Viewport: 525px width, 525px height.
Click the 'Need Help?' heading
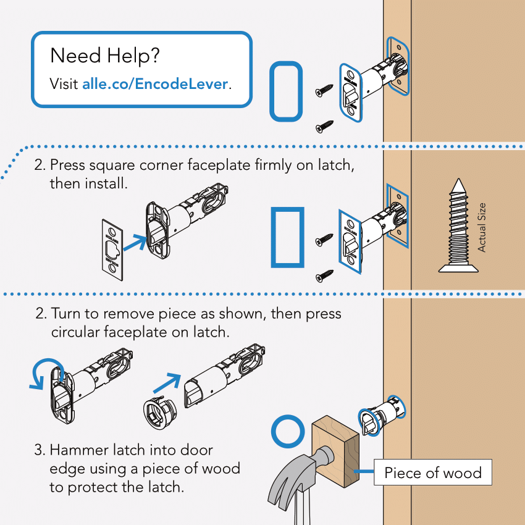point(105,56)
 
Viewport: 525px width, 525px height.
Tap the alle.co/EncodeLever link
point(155,83)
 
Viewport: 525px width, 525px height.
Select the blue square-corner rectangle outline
point(287,238)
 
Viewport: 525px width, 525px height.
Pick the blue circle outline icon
point(288,432)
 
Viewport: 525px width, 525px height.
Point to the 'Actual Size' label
point(482,227)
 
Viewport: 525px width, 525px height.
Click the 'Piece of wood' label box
point(432,473)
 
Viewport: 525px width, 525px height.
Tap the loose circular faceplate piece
point(157,413)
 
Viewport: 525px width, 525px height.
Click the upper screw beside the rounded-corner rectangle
point(324,91)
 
